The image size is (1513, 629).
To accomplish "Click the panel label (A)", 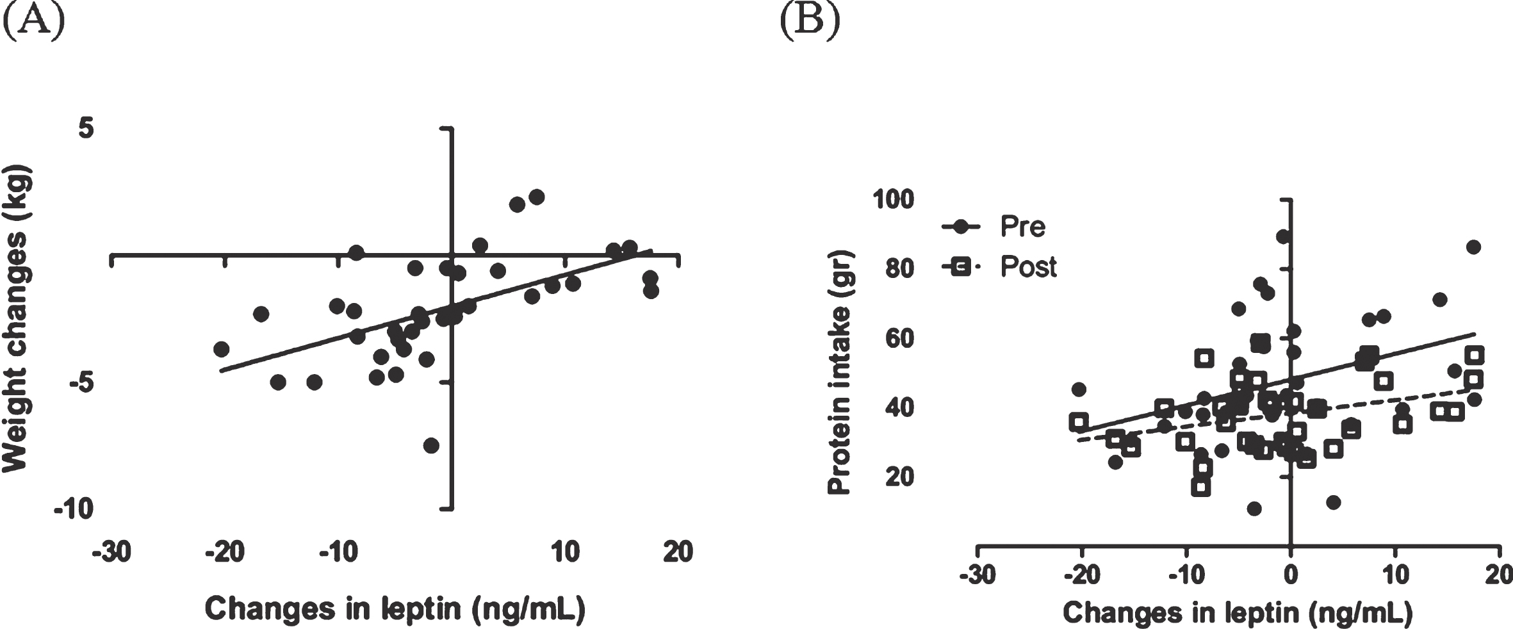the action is click(34, 21).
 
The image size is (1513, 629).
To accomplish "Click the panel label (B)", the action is click(810, 21).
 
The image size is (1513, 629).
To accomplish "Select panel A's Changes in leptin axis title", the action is click(395, 609).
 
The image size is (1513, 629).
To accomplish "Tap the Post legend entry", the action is click(999, 266).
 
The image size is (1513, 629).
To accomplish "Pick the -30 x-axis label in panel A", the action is click(111, 551).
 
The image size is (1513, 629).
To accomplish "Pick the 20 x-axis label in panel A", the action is click(678, 551).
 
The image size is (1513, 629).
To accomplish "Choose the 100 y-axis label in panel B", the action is click(894, 199).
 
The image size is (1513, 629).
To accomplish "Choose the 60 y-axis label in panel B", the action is click(900, 338).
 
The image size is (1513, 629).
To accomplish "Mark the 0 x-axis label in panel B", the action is click(1290, 575).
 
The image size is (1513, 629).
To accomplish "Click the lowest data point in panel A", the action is click(431, 445).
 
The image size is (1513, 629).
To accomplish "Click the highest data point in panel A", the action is click(537, 197).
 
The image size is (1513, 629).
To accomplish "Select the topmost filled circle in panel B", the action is click(1283, 237).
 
